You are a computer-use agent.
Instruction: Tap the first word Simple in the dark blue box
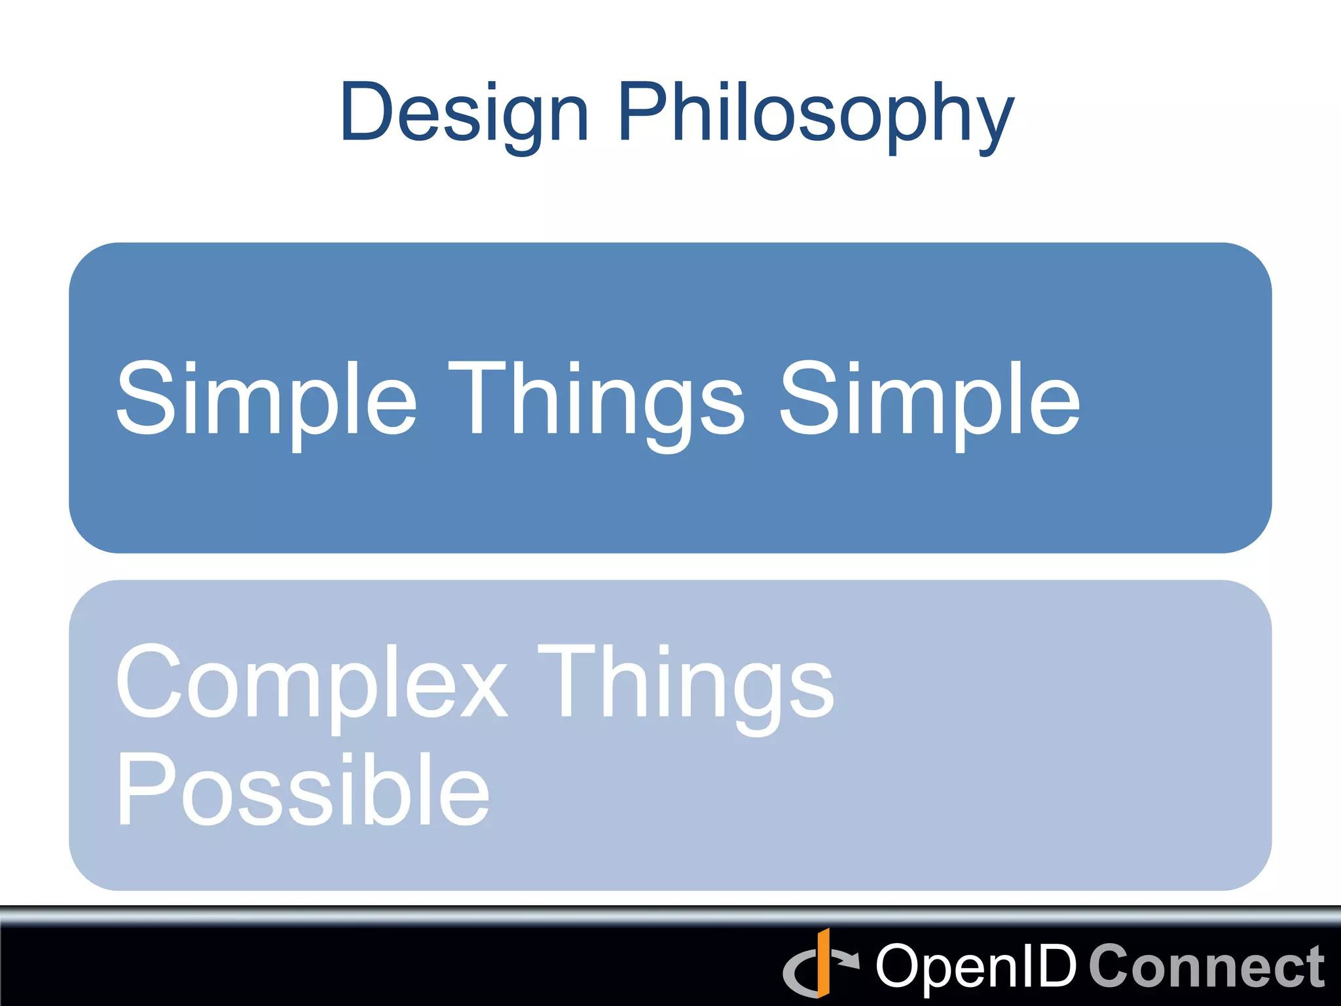point(266,400)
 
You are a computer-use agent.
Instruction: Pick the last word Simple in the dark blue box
point(929,400)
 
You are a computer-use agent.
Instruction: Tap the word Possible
point(303,789)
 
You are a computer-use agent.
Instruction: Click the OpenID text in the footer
point(976,966)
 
